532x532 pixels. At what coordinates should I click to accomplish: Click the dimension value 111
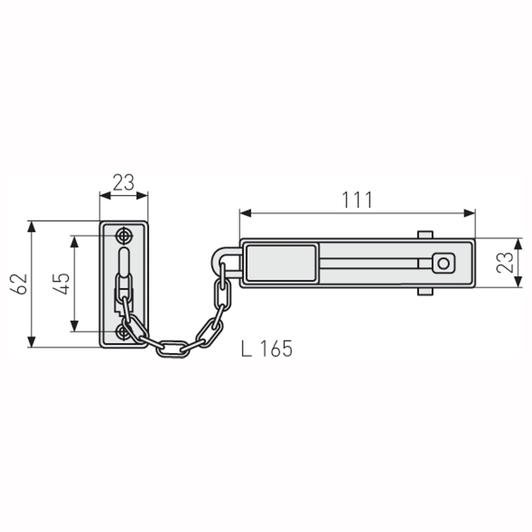[357, 200]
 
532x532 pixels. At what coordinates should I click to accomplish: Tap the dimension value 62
[19, 284]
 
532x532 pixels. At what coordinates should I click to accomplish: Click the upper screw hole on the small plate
[124, 236]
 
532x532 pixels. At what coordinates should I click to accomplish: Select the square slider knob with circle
[443, 263]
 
